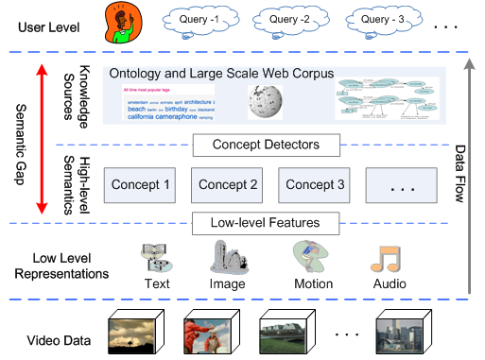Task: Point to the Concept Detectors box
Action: point(265,145)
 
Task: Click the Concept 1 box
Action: point(142,185)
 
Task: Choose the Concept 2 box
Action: point(229,185)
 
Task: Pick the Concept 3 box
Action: point(316,185)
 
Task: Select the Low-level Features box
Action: point(266,224)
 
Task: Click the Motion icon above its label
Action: point(312,257)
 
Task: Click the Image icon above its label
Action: point(227,257)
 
